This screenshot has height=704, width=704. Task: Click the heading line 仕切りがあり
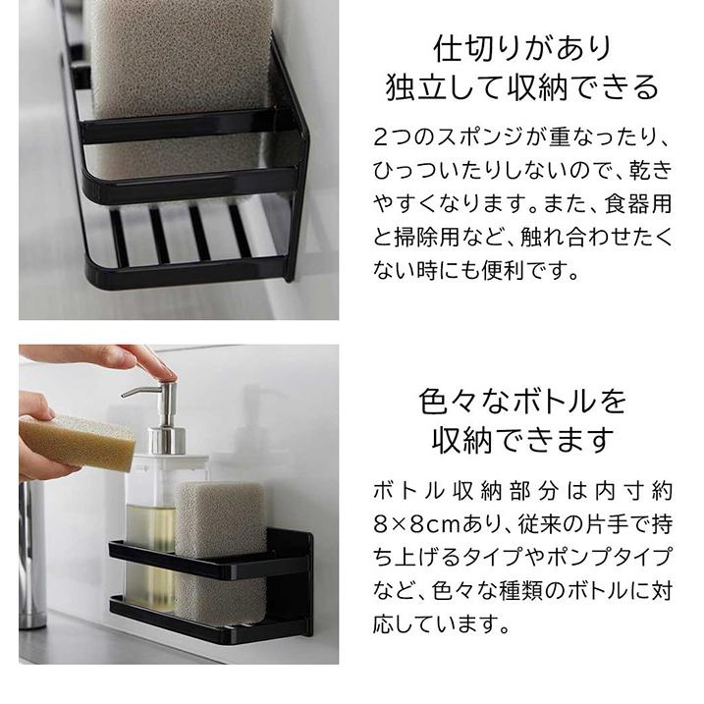522,47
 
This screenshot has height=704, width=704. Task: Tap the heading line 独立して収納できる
522,88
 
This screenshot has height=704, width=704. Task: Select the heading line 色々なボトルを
522,402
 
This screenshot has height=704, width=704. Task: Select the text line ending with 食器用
522,203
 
